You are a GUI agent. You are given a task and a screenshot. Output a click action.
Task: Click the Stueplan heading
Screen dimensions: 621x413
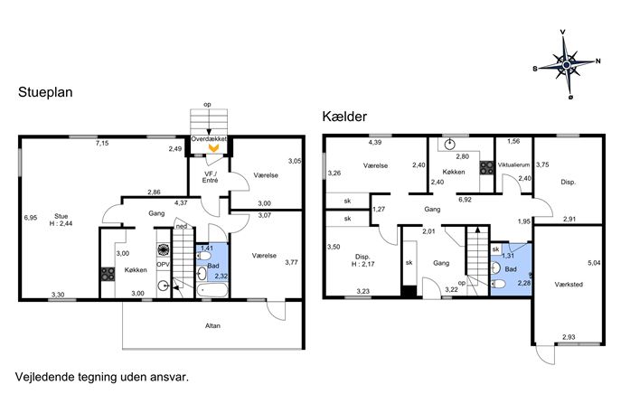click(x=45, y=92)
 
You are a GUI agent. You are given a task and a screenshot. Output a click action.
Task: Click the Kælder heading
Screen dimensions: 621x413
click(x=344, y=117)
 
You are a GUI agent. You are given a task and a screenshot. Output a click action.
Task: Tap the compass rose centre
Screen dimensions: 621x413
click(x=567, y=64)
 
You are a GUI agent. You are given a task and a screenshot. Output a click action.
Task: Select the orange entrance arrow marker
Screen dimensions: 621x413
click(x=213, y=148)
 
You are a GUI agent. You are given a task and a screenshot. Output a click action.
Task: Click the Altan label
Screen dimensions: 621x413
click(x=212, y=325)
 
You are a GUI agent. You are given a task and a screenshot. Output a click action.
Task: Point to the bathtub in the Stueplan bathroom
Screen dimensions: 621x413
click(x=212, y=290)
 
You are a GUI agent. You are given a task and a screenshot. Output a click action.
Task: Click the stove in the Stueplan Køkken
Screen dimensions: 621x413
click(x=108, y=274)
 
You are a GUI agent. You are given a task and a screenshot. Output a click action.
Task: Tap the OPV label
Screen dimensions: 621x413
click(x=164, y=264)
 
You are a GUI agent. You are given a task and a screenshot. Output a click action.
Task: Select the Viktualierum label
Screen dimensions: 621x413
click(x=513, y=164)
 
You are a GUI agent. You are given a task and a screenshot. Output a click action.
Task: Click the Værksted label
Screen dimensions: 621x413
click(x=569, y=285)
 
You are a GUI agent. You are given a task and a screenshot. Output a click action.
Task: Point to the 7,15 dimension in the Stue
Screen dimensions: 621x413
click(x=102, y=144)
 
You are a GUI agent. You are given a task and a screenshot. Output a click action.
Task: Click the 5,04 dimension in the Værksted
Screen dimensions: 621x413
click(x=594, y=262)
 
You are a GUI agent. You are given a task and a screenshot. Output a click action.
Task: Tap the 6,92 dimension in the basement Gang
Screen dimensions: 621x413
click(x=465, y=200)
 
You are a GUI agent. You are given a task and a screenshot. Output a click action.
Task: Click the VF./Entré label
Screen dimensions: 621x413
click(x=211, y=177)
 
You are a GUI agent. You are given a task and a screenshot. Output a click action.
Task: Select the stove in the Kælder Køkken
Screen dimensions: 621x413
click(x=486, y=167)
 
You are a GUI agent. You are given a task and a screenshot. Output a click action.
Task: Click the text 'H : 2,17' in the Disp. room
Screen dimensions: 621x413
click(x=362, y=264)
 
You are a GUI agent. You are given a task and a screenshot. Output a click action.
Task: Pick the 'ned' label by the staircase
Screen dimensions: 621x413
click(x=182, y=226)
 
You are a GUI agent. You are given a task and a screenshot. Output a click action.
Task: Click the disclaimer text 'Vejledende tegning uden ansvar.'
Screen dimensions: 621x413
click(x=102, y=377)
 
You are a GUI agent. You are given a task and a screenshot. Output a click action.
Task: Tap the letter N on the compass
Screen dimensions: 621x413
click(x=598, y=61)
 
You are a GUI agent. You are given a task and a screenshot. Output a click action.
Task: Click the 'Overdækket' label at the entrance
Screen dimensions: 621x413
click(x=209, y=139)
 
